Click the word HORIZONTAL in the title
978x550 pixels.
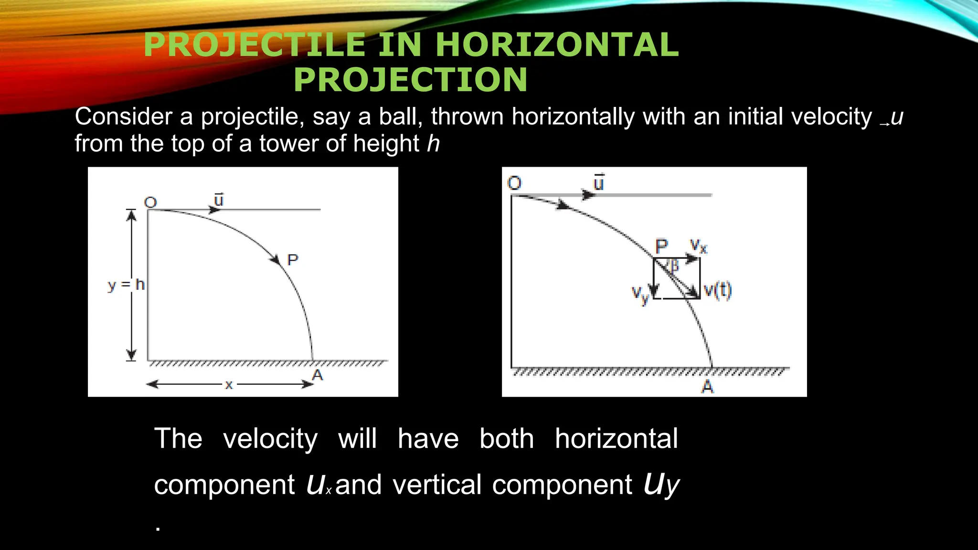click(557, 45)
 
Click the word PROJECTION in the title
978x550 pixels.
click(411, 80)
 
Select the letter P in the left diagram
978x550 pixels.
click(292, 260)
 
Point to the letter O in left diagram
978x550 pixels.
click(150, 202)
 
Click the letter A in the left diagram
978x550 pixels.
click(318, 375)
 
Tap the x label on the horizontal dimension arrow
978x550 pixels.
click(229, 385)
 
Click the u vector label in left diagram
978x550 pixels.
click(219, 200)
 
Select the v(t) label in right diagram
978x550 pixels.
click(718, 290)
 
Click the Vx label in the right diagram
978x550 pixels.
click(698, 246)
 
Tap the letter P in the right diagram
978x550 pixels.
click(661, 247)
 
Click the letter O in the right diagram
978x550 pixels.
click(514, 183)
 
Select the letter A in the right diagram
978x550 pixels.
click(707, 386)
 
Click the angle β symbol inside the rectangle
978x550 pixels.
click(674, 265)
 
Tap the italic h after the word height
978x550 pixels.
click(433, 144)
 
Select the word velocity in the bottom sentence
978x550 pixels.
click(270, 439)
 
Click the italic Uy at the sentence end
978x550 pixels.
click(661, 485)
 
